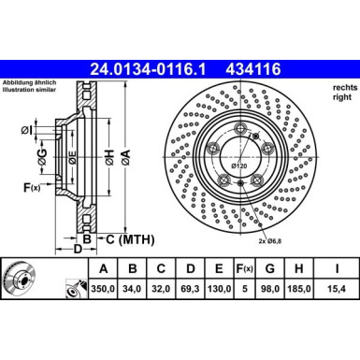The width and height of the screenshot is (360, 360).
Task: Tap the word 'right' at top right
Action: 342,96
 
